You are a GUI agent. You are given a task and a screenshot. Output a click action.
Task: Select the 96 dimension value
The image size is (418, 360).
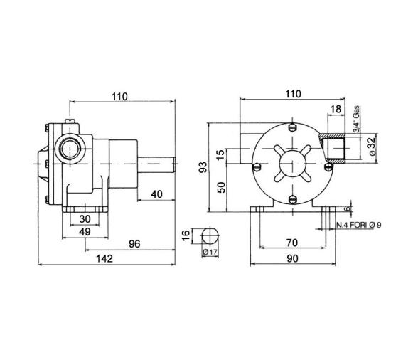[x=134, y=244]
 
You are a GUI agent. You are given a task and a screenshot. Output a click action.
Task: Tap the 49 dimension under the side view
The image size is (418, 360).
[x=84, y=231]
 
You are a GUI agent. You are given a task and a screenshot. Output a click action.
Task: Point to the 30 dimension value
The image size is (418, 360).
[x=84, y=218]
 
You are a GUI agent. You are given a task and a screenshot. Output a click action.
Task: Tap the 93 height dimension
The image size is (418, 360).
[x=203, y=167]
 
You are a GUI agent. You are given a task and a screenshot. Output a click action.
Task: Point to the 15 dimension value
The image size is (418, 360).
[x=221, y=154]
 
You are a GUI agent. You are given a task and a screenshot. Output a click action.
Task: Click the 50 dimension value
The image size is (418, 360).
[x=221, y=187]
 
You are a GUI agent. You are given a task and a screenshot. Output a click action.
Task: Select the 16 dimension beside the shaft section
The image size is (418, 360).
[x=187, y=235]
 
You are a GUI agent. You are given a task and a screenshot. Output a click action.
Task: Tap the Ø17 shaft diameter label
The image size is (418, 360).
[x=210, y=253]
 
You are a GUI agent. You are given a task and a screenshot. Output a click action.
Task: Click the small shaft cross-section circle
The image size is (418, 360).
[x=210, y=235]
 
